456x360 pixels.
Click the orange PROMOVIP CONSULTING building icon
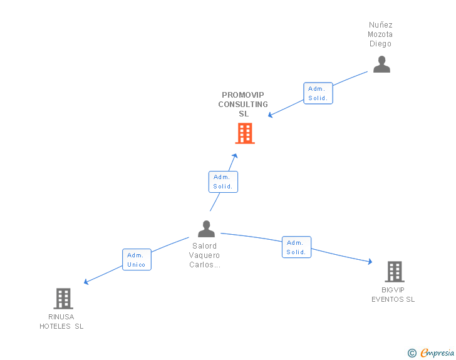coord(245,133)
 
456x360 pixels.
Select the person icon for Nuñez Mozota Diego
coord(381,64)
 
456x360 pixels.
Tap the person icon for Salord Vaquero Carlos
coord(206,229)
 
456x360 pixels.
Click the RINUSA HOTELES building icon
coord(63,299)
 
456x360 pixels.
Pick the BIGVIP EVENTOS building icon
coord(394,272)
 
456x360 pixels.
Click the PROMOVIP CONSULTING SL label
coord(243,105)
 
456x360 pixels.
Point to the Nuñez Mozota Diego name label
coord(380,34)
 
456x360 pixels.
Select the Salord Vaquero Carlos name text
coord(204,255)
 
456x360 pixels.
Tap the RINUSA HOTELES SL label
coord(61,321)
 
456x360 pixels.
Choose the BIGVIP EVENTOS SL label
coord(393,295)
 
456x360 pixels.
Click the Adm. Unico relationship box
coord(137,260)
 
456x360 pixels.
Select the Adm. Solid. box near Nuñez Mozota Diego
coord(318,93)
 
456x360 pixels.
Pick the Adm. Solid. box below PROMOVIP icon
coord(223,182)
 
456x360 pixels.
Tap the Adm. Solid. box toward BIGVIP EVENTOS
coord(296,247)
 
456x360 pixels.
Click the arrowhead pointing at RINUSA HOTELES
coord(86,282)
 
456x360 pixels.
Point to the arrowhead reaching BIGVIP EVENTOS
coord(370,262)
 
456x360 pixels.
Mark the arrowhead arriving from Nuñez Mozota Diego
coord(271,115)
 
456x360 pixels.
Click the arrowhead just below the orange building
coord(236,155)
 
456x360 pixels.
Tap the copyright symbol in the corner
coord(412,353)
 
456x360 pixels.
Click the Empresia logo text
coord(438,353)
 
